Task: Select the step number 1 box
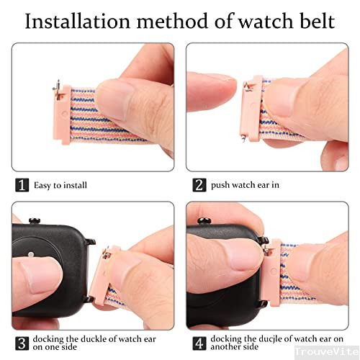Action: click(x=22, y=185)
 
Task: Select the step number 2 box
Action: click(x=199, y=185)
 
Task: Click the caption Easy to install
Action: click(x=60, y=185)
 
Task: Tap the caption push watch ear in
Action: click(x=245, y=185)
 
